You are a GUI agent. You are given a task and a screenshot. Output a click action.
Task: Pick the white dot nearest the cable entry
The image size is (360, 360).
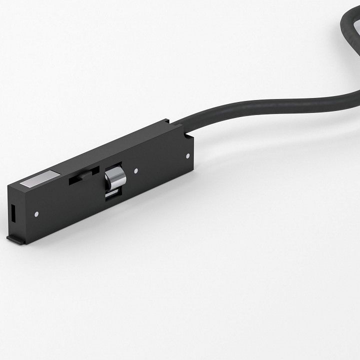187,155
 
